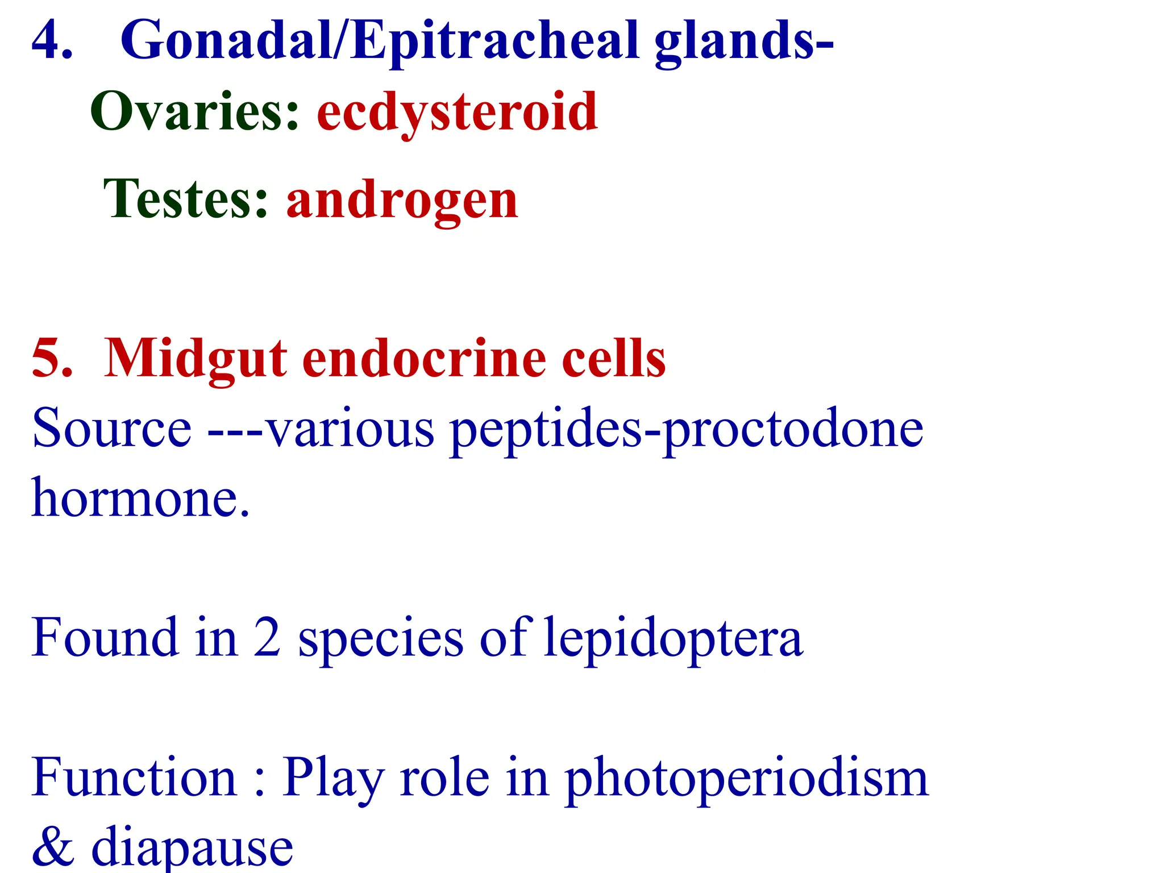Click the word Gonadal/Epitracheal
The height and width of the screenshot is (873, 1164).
(380, 41)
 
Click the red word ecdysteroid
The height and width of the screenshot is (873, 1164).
(457, 113)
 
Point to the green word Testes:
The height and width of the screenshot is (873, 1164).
(185, 199)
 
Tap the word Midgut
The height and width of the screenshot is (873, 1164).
(196, 359)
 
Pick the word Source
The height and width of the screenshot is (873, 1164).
(111, 429)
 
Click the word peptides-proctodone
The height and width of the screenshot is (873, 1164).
(687, 430)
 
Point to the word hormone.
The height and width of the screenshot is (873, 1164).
(140, 498)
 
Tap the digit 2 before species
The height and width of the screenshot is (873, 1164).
(266, 638)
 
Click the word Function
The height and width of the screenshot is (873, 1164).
(134, 778)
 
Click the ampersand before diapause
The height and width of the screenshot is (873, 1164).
(52, 847)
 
